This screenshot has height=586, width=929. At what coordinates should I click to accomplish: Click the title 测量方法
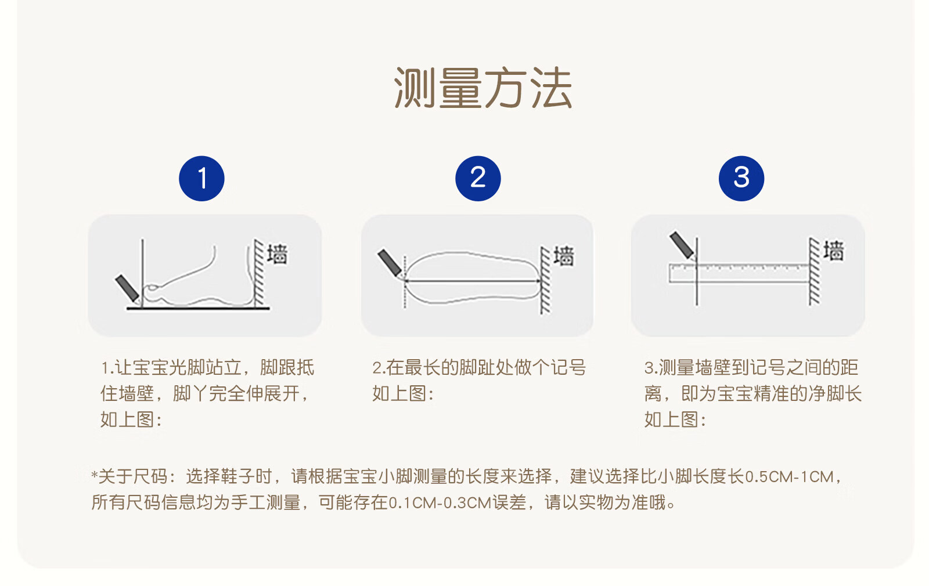tap(483, 88)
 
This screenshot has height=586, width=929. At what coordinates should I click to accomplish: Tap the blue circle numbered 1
tap(201, 179)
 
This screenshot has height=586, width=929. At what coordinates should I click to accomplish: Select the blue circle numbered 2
tap(478, 179)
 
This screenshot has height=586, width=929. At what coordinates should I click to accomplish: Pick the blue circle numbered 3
tap(741, 179)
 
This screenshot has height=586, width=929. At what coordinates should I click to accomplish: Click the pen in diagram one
tap(127, 288)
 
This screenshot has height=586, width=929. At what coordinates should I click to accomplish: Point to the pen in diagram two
tap(390, 263)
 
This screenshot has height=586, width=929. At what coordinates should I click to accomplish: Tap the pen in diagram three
tap(682, 245)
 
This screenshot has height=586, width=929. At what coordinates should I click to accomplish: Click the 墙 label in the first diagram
tap(277, 254)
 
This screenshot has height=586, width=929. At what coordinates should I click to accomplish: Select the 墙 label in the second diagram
tap(564, 256)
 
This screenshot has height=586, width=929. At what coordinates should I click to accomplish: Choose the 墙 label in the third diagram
tap(834, 250)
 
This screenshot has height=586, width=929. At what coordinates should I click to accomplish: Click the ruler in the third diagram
tap(739, 273)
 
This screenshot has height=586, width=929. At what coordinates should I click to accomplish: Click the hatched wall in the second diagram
tap(545, 280)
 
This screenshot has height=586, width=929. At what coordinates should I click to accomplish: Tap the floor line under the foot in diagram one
tap(198, 308)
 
